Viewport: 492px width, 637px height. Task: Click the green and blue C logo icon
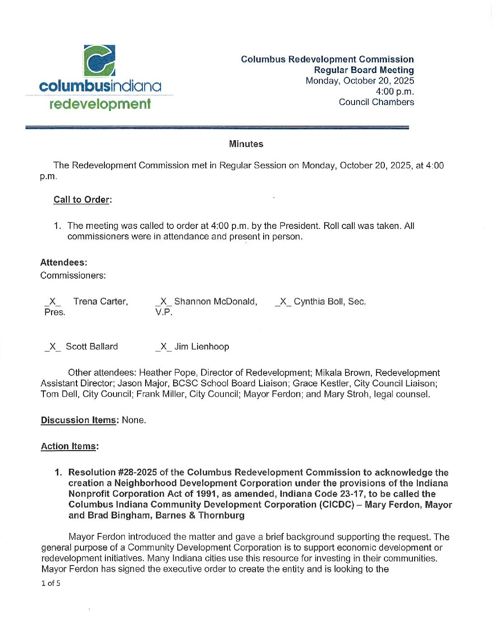click(99, 61)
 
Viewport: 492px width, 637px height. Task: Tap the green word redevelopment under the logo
click(99, 104)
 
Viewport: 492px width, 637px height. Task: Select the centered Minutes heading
click(246, 144)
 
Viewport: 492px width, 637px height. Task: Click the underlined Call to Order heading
click(82, 200)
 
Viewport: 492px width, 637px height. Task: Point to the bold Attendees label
click(64, 262)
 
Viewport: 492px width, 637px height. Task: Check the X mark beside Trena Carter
click(52, 302)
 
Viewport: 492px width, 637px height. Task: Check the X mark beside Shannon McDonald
click(163, 302)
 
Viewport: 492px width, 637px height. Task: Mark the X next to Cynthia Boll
click(283, 302)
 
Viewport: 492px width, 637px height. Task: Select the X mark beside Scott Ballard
click(52, 347)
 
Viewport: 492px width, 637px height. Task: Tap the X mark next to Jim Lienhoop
click(163, 347)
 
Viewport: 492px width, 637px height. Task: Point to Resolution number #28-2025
click(124, 472)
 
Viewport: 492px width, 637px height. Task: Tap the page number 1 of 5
click(51, 583)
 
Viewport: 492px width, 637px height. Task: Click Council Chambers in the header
click(376, 102)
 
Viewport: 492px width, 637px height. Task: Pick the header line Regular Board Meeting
click(364, 70)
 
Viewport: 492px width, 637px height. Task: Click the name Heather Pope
click(167, 373)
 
